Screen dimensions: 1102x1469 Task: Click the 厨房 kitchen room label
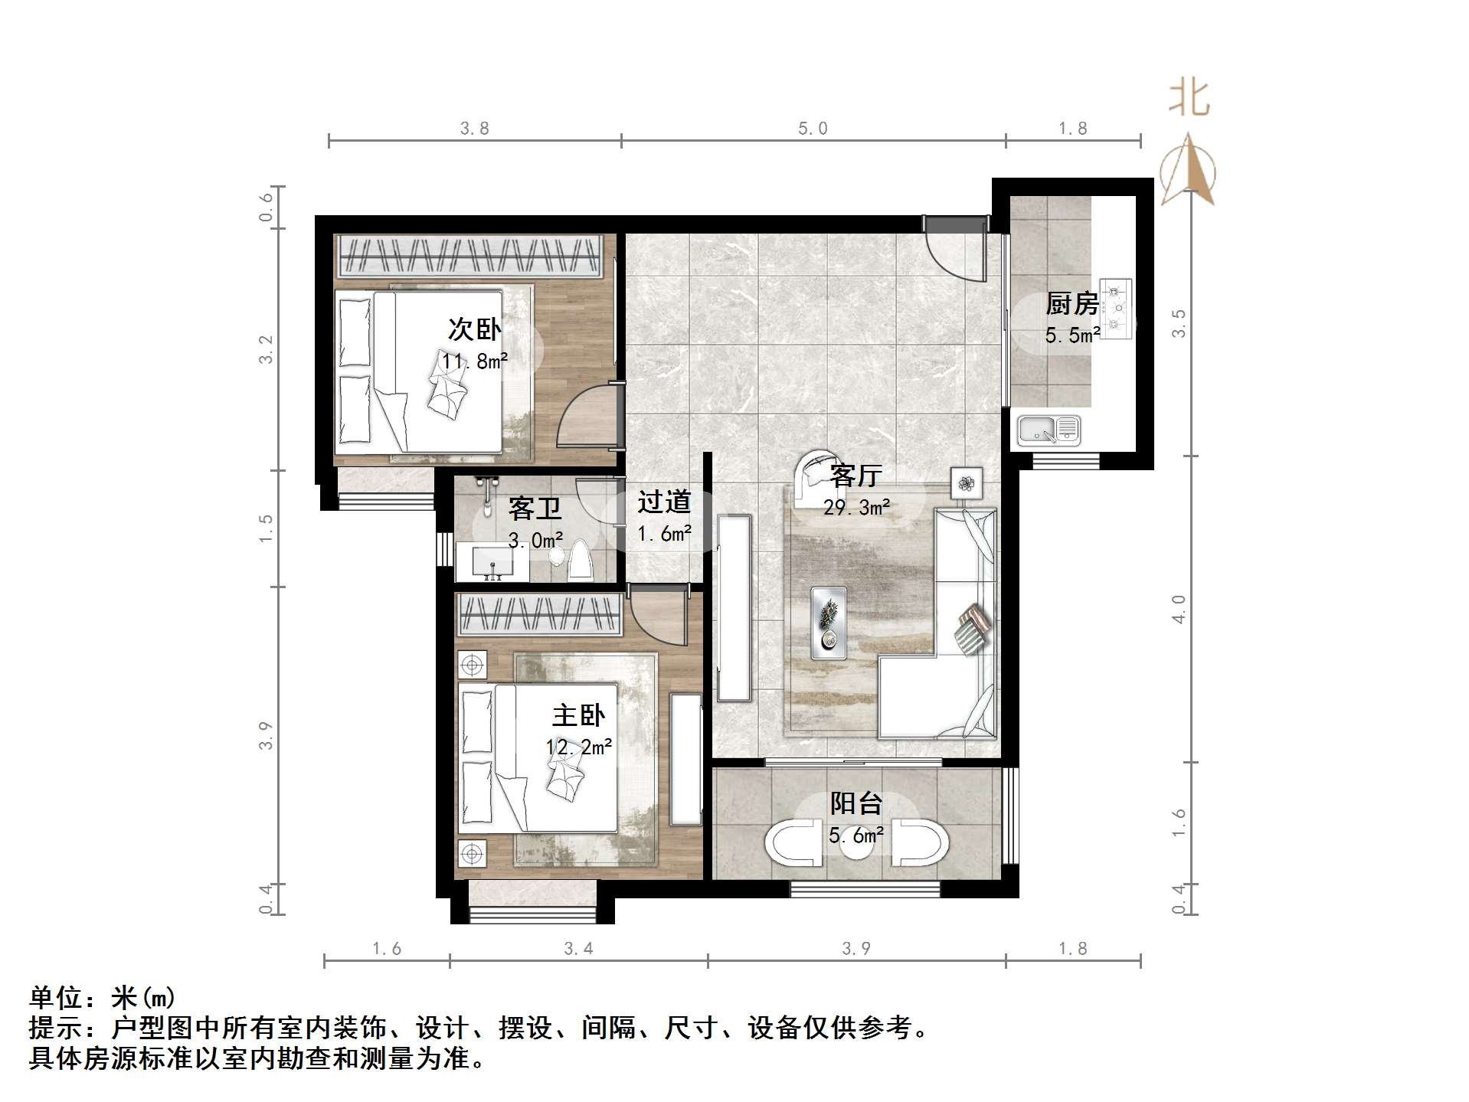[1071, 304]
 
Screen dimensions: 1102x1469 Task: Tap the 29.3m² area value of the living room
[856, 507]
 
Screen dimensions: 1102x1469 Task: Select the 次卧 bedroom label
[474, 329]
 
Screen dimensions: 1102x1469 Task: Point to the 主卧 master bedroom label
[578, 716]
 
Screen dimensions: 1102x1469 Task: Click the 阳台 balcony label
[856, 803]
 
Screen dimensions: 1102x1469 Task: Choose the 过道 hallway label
[664, 502]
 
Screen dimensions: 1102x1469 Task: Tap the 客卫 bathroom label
[535, 508]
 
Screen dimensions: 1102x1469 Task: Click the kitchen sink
[1049, 430]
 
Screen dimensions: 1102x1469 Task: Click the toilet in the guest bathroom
[581, 561]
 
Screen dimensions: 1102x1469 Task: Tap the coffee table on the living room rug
[829, 623]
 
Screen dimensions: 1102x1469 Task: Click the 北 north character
[1189, 98]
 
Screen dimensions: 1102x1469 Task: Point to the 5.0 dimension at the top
[813, 129]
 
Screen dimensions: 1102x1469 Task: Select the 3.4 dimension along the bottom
[578, 949]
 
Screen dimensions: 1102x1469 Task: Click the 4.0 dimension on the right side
[1179, 609]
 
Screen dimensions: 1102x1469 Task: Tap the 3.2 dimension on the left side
[266, 349]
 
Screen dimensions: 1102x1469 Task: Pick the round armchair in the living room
[812, 475]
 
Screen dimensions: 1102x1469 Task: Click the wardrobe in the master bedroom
[538, 616]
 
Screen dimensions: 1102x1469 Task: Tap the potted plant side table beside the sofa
[967, 482]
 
